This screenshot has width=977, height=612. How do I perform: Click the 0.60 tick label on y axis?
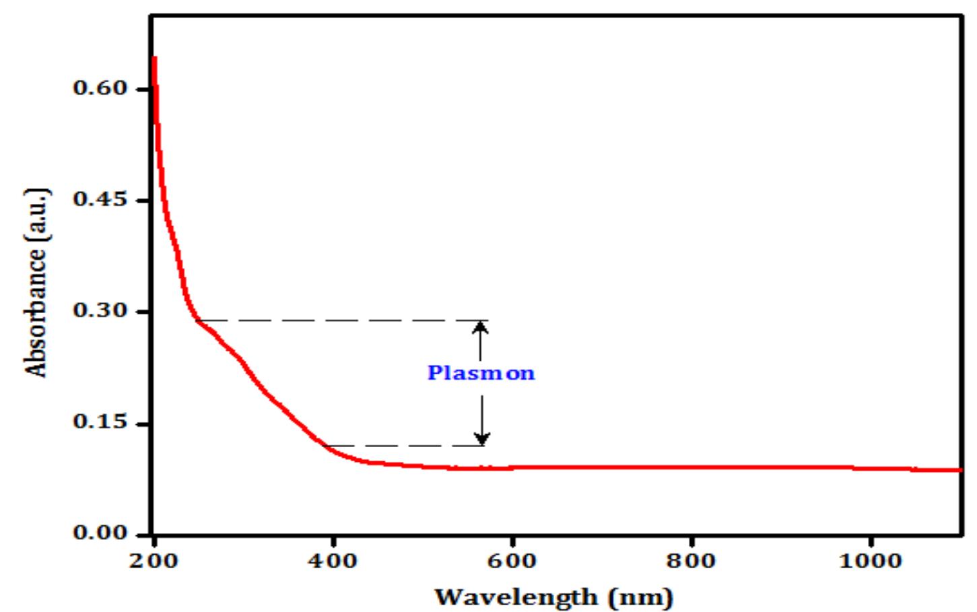tap(100, 88)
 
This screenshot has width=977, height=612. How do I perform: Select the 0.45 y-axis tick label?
tap(100, 200)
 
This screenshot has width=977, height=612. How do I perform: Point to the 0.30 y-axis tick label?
tap(100, 311)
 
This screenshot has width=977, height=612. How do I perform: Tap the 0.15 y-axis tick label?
tap(100, 422)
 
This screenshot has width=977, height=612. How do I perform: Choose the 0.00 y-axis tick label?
tap(100, 533)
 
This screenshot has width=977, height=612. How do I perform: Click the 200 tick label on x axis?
tap(154, 561)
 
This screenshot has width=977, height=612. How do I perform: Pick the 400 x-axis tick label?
tap(333, 561)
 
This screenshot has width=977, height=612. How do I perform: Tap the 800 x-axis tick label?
tap(691, 561)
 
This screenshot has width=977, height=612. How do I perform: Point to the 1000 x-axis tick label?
tap(870, 561)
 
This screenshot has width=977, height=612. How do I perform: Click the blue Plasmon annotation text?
tap(481, 373)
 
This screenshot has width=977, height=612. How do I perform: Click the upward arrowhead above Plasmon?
tap(480, 327)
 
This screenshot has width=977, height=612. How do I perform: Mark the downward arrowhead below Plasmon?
tap(482, 439)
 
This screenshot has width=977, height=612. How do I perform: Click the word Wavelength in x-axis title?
tap(516, 597)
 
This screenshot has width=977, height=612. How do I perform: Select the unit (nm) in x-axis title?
tap(640, 597)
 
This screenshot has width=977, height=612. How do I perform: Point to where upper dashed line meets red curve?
tap(196, 320)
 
